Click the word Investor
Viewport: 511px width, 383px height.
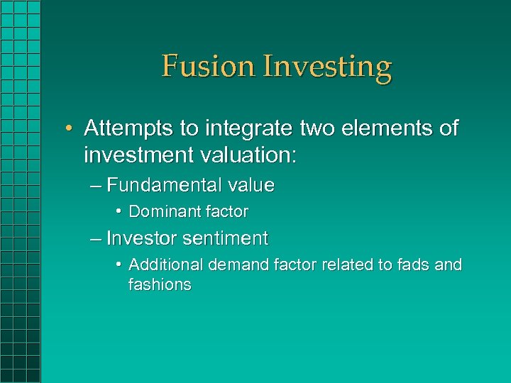142,238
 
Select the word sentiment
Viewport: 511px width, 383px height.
226,238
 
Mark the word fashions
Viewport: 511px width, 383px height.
160,285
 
